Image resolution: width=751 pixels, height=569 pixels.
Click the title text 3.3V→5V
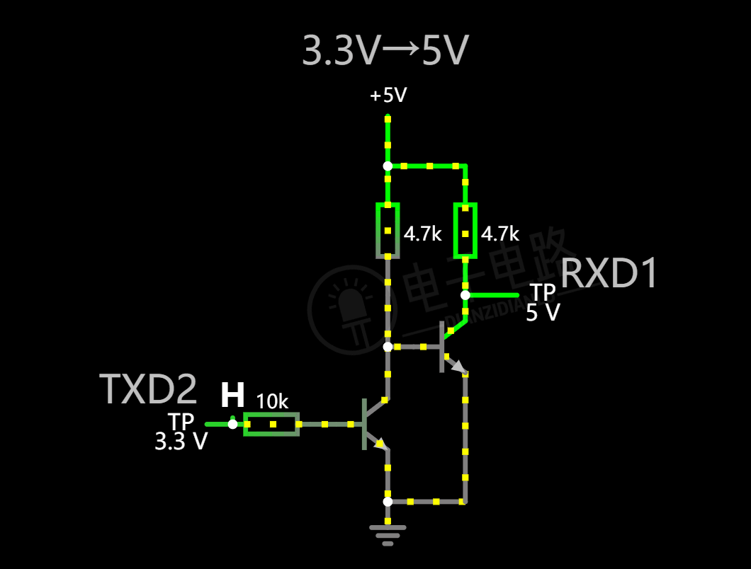tap(385, 51)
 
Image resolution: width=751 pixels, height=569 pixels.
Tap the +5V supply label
tap(388, 96)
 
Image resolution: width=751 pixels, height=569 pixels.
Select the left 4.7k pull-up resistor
tap(388, 231)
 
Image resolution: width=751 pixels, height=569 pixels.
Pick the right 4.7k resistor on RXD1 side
tap(465, 231)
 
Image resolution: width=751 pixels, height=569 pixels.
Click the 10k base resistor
tap(271, 424)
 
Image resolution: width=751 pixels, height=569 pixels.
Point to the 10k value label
tap(272, 402)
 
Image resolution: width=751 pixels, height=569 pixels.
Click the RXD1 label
tap(609, 274)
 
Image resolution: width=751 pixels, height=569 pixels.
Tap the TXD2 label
tap(149, 389)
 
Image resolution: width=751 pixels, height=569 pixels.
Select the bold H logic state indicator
tap(232, 396)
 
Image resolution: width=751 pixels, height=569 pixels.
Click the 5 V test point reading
tap(543, 313)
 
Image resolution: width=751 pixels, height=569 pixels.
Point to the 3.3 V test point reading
tap(181, 442)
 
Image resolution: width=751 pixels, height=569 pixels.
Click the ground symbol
tap(388, 534)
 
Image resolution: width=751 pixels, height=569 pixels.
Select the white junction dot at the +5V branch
tap(388, 166)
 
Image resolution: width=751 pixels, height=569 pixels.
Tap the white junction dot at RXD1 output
tap(465, 295)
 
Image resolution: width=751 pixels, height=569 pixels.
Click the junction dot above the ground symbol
tap(388, 501)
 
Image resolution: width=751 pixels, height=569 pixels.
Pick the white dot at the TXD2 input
tap(232, 424)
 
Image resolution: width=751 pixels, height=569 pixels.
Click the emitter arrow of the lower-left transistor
tap(380, 444)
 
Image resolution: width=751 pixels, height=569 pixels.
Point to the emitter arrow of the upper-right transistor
tap(458, 367)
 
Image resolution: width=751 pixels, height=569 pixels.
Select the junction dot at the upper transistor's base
tap(388, 347)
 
